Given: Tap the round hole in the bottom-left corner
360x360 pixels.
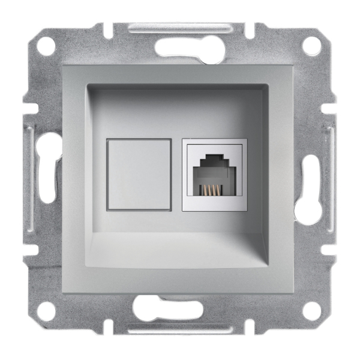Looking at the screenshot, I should (49, 311).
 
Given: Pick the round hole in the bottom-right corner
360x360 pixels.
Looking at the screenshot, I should (311, 310).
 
